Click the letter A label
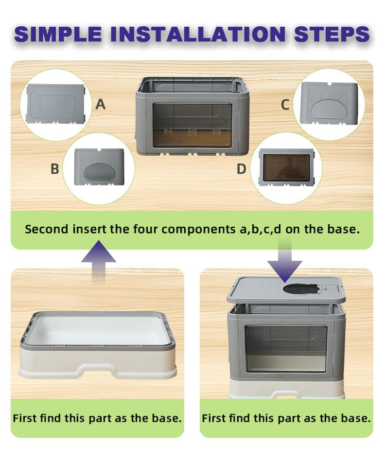(101, 104)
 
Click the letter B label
(55, 169)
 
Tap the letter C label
(285, 105)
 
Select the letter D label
(242, 169)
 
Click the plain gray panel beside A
(56, 104)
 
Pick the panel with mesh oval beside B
(99, 167)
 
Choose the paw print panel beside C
(329, 103)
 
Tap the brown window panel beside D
(286, 167)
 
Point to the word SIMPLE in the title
(58, 34)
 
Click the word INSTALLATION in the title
(198, 34)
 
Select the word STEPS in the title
(332, 34)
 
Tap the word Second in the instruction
(47, 229)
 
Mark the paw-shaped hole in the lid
(300, 289)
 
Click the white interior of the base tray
(98, 330)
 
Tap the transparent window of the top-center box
(192, 125)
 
